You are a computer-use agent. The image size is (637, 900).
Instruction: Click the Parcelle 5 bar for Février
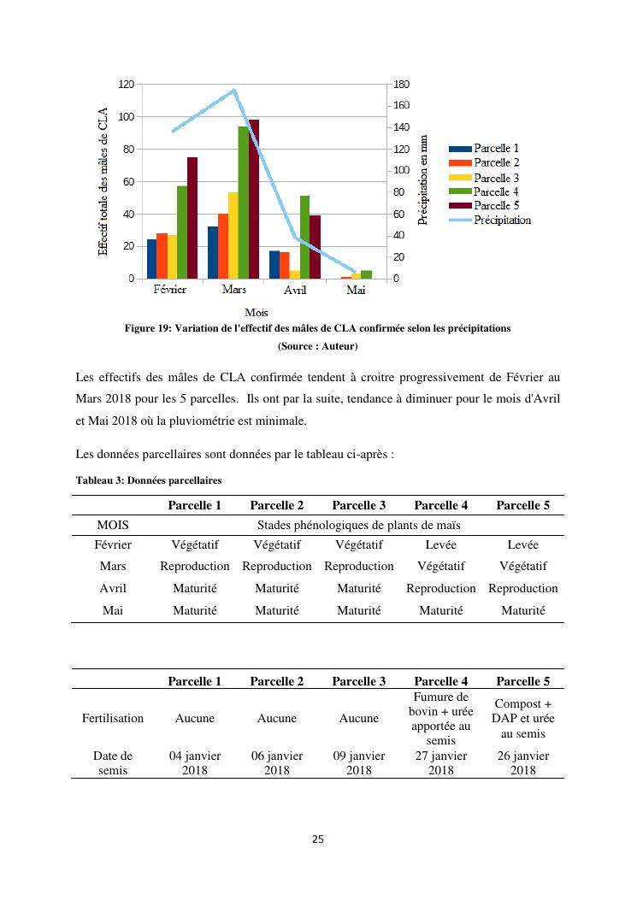tap(192, 218)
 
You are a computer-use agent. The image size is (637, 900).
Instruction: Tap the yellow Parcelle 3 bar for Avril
tap(294, 274)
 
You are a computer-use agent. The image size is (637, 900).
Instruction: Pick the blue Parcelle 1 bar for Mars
tap(213, 252)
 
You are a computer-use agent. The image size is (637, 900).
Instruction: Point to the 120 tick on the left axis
tap(126, 84)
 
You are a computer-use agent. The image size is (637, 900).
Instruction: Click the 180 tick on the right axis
tap(402, 84)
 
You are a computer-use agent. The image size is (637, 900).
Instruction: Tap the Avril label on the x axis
tap(294, 290)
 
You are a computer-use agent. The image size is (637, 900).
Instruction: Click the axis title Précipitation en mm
tap(422, 179)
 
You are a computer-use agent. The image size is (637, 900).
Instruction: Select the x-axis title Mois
tap(257, 313)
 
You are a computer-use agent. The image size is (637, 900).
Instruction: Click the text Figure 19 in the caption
tap(148, 328)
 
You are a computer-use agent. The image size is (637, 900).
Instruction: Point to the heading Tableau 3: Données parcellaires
tap(148, 480)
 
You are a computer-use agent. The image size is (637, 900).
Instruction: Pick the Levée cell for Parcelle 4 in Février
tap(440, 544)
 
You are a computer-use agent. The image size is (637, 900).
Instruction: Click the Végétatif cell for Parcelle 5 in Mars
tap(522, 566)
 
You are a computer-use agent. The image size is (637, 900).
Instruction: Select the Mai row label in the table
tap(113, 610)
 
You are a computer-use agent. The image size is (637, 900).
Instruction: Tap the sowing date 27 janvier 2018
tap(440, 762)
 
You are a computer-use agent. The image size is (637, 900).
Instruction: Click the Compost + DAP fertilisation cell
tap(522, 719)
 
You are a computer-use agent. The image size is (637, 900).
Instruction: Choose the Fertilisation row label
tap(113, 719)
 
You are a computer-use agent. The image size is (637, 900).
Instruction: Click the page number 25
tap(318, 838)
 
